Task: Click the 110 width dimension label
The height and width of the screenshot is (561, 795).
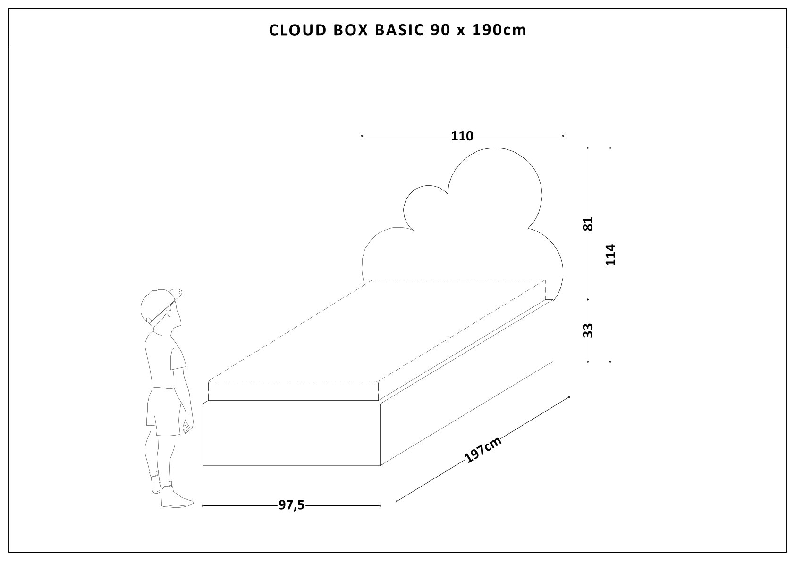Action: tap(462, 136)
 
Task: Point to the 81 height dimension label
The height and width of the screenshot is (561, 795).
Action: tap(588, 223)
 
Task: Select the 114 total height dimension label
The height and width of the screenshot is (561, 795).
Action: tap(610, 255)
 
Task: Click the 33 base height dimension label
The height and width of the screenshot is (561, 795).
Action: tap(588, 330)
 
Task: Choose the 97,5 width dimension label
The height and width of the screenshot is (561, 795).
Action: tap(291, 505)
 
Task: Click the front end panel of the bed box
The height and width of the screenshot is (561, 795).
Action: tap(291, 434)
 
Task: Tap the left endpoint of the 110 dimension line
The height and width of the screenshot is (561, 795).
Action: tap(362, 136)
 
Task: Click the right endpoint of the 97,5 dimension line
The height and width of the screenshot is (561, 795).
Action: tap(380, 505)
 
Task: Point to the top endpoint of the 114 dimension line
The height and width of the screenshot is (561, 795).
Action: tap(610, 148)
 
